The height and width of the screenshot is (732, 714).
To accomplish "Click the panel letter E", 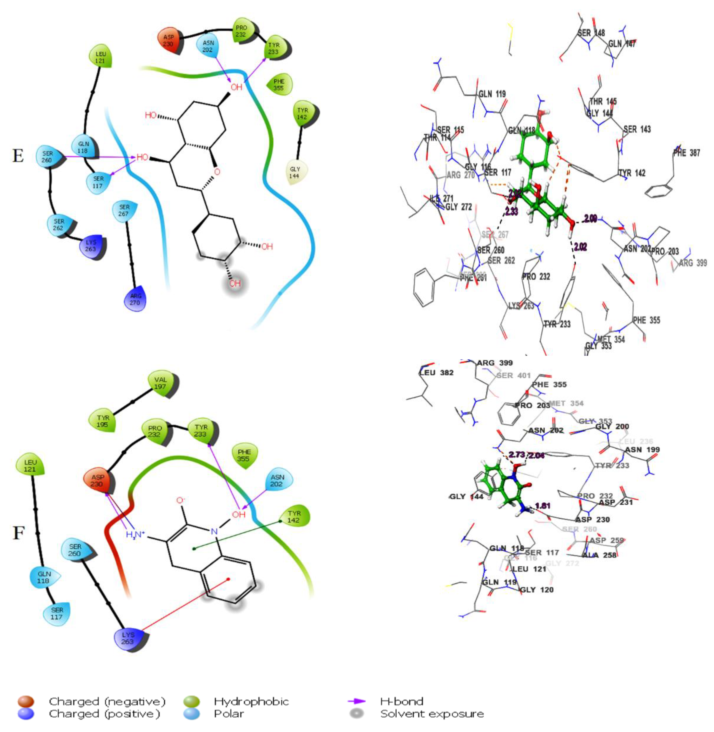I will [x=18, y=156].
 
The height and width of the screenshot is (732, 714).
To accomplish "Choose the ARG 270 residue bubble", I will [x=135, y=299].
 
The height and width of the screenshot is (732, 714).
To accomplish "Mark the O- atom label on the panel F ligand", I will [x=181, y=500].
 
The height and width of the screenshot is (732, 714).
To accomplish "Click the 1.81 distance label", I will [x=543, y=506].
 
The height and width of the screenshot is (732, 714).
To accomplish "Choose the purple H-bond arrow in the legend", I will [x=357, y=701].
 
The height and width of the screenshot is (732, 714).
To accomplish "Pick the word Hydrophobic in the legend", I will [x=251, y=701].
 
